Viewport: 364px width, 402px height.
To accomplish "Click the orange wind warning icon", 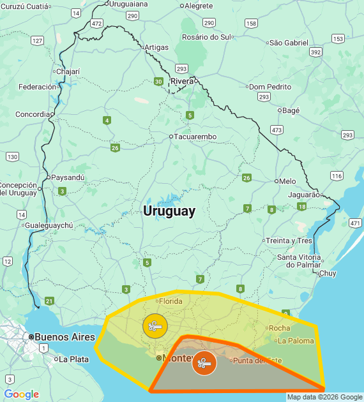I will tap(204, 363).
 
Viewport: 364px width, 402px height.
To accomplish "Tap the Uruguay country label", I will tap(169, 211).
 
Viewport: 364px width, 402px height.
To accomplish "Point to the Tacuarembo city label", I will tap(195, 137).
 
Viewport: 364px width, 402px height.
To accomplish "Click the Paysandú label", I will tap(67, 177).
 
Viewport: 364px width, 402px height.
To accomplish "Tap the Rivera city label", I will tap(182, 81).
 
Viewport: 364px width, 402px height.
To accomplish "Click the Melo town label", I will tap(287, 181).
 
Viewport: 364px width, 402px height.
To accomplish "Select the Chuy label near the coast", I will tap(328, 273).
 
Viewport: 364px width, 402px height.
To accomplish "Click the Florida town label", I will tap(171, 301).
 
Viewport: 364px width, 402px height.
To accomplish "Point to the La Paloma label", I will tap(296, 341).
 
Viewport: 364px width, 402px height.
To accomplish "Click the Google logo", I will tap(21, 394).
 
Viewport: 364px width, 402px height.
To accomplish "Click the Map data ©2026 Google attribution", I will tap(324, 397).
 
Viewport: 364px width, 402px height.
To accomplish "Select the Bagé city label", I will tap(291, 110).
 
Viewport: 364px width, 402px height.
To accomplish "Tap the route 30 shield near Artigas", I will tap(158, 81).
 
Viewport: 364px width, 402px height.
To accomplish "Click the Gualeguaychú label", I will tap(49, 225).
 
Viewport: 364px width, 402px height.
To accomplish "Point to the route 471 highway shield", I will tap(355, 223).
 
